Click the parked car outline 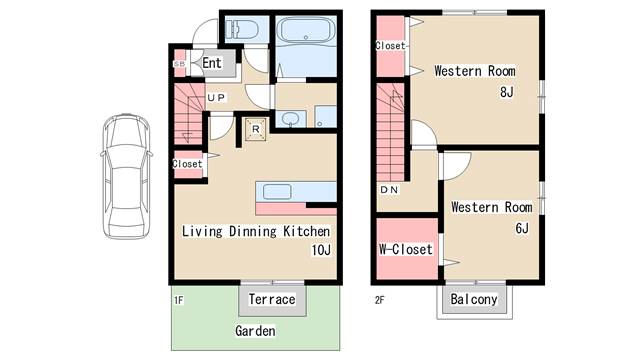[x=127, y=176]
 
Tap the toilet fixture [x=242, y=30]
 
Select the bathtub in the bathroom [x=306, y=30]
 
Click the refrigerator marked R [x=256, y=130]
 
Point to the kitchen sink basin [x=277, y=192]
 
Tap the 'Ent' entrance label [x=212, y=63]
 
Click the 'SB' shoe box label [x=179, y=64]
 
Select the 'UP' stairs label [x=216, y=98]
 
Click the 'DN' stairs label [x=389, y=190]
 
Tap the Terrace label [x=272, y=299]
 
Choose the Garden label [x=255, y=331]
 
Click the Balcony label [x=474, y=299]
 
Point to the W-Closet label [x=406, y=249]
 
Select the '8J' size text [x=507, y=92]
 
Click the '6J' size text [x=522, y=228]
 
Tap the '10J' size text [x=321, y=250]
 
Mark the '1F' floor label [x=179, y=300]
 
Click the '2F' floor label [x=380, y=300]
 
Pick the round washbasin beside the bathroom [x=290, y=118]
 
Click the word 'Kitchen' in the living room [x=307, y=231]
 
